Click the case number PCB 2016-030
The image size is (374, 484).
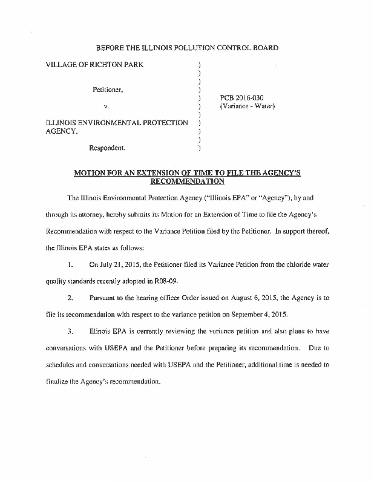click(241, 97)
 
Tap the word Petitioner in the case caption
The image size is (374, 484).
click(108, 90)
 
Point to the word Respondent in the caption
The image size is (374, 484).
click(107, 147)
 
